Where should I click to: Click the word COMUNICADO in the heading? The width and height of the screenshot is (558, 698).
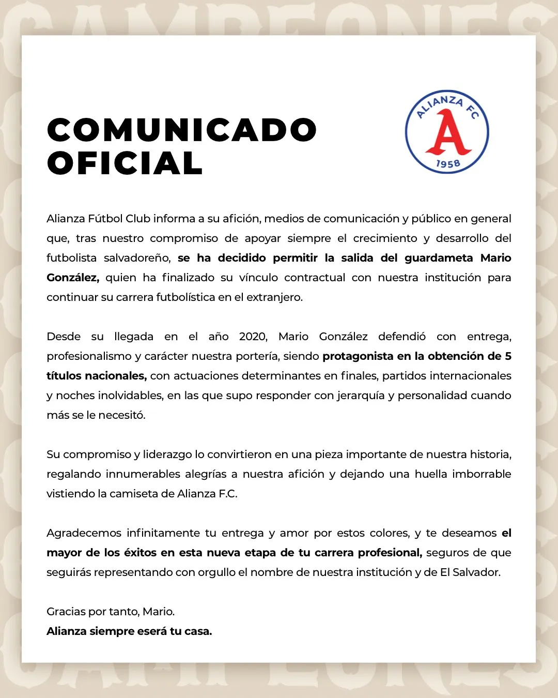pyautogui.click(x=182, y=130)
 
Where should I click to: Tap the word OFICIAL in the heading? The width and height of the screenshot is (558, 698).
pyautogui.click(x=125, y=163)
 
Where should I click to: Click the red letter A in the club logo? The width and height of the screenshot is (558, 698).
pyautogui.click(x=448, y=133)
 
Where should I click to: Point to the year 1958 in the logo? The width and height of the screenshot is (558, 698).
pyautogui.click(x=448, y=164)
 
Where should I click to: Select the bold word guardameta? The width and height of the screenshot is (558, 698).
pyautogui.click(x=439, y=258)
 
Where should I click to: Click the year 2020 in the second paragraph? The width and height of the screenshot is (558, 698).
pyautogui.click(x=253, y=337)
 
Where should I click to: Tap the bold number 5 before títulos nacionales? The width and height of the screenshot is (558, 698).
pyautogui.click(x=508, y=356)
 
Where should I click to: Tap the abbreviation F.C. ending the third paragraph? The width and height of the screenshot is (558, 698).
pyautogui.click(x=228, y=494)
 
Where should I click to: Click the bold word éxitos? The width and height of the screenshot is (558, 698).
pyautogui.click(x=140, y=553)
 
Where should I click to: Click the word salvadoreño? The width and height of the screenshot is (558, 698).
pyautogui.click(x=137, y=258)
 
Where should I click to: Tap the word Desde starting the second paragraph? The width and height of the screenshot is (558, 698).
pyautogui.click(x=64, y=337)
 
